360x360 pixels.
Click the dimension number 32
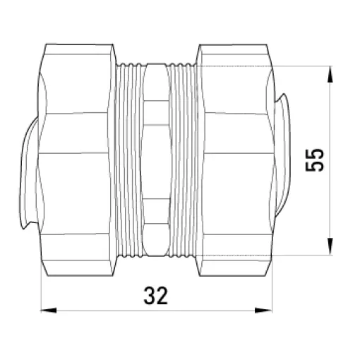coord(155,296)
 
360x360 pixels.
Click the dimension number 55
coord(314,160)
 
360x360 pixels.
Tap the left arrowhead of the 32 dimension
coord(49,311)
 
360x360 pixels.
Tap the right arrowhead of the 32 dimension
coord(263,311)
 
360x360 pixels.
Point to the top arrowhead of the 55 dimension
coord(330,74)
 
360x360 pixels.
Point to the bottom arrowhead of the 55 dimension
coord(330,246)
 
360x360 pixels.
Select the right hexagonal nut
coord(235,160)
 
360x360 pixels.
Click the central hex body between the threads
coord(156,160)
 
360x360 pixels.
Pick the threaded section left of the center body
coord(129,160)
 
